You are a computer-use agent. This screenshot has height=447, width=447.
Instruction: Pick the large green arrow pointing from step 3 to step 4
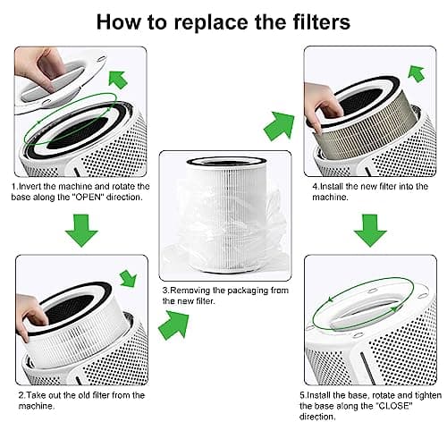(x=279, y=124)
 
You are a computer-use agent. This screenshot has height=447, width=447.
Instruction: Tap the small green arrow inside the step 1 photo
(x=117, y=78)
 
